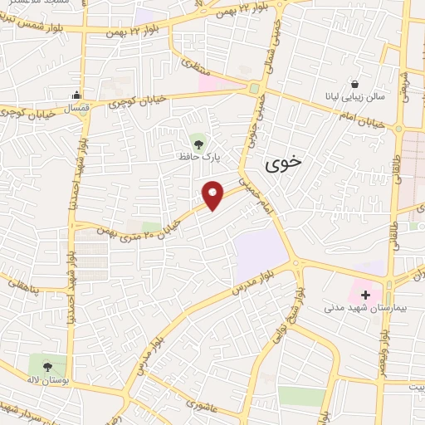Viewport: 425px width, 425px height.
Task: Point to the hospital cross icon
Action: point(365,294)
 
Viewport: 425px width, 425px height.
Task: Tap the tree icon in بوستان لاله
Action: point(47,364)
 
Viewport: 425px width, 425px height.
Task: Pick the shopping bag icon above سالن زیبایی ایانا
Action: point(355,84)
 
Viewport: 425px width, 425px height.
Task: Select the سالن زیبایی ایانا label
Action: point(355,98)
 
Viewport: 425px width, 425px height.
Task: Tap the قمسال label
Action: point(77,108)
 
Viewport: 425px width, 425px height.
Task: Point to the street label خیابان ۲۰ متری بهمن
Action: point(137,220)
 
